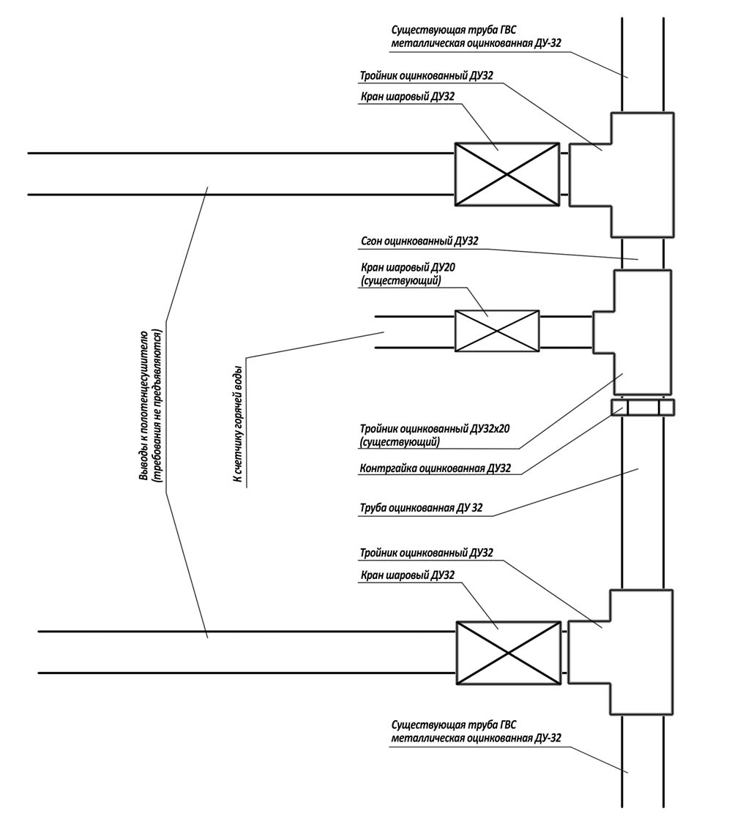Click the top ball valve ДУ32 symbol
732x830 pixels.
[507, 174]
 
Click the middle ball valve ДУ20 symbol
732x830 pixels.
[497, 331]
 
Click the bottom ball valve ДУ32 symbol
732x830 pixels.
[508, 653]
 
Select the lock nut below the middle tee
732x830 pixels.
[643, 408]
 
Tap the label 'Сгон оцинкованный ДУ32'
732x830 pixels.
[419, 242]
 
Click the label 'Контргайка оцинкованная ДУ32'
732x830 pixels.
[435, 468]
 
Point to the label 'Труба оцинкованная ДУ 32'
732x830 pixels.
[421, 508]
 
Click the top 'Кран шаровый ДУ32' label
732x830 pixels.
[407, 97]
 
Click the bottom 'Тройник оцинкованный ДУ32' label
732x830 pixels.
[426, 553]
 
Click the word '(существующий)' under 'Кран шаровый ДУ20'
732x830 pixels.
[400, 280]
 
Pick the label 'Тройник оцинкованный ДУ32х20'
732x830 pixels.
[435, 428]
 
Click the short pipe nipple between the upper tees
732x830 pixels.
[643, 254]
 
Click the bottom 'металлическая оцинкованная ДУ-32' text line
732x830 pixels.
[476, 738]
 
